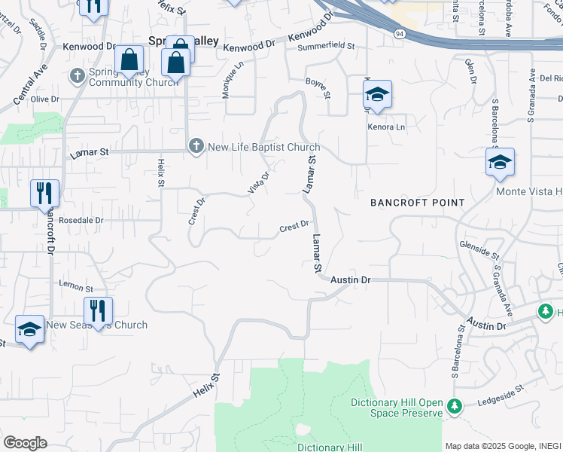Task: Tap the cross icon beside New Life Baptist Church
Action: pyautogui.click(x=196, y=146)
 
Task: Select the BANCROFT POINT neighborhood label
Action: pyautogui.click(x=418, y=203)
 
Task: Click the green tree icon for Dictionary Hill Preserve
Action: pyautogui.click(x=453, y=407)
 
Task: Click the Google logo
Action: pyautogui.click(x=25, y=443)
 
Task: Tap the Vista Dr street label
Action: pyautogui.click(x=259, y=182)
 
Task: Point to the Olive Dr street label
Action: pyautogui.click(x=44, y=99)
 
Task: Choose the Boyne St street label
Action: pyautogui.click(x=318, y=87)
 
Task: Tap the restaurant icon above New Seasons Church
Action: pyautogui.click(x=98, y=310)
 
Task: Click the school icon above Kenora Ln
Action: pyautogui.click(x=377, y=94)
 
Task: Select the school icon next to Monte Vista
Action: pyautogui.click(x=500, y=162)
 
